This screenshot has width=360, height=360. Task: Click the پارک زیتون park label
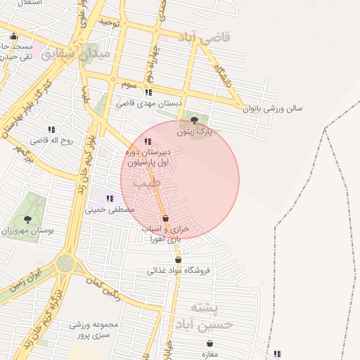[195, 131]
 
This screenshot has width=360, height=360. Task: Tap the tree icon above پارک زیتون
[194, 120]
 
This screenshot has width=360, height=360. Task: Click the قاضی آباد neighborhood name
[205, 37]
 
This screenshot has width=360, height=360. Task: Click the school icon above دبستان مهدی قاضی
[148, 92]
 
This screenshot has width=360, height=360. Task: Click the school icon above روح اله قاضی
[51, 129]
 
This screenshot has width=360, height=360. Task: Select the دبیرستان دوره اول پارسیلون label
[147, 157]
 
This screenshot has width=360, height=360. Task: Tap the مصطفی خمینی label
[105, 209]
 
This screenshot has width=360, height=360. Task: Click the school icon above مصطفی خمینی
[110, 198]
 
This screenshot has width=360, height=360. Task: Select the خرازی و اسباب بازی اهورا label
[162, 234]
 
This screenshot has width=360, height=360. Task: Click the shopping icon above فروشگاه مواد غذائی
[178, 259]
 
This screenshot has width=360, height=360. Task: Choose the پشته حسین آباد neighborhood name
[212, 317]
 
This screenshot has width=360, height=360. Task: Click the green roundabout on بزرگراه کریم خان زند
[66, 263]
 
